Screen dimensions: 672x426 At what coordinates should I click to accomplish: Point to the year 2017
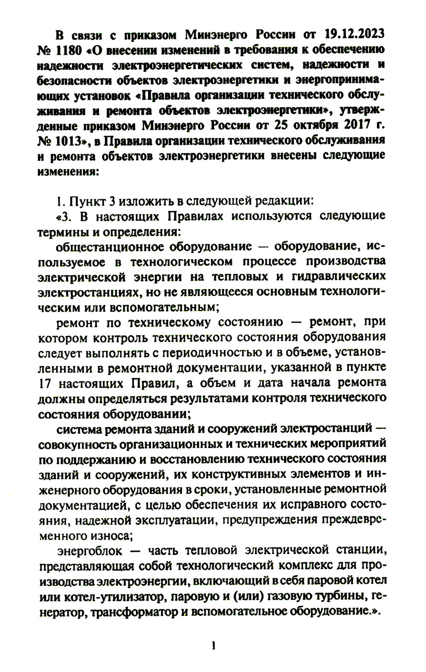[366, 126]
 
